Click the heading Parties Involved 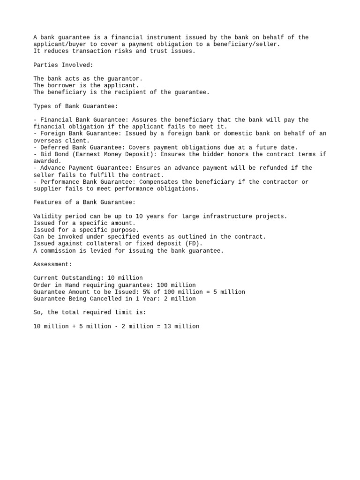pos(63,65)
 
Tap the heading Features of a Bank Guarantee pos(84,202)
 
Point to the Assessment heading pos(53,264)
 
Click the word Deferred pos(54,147)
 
